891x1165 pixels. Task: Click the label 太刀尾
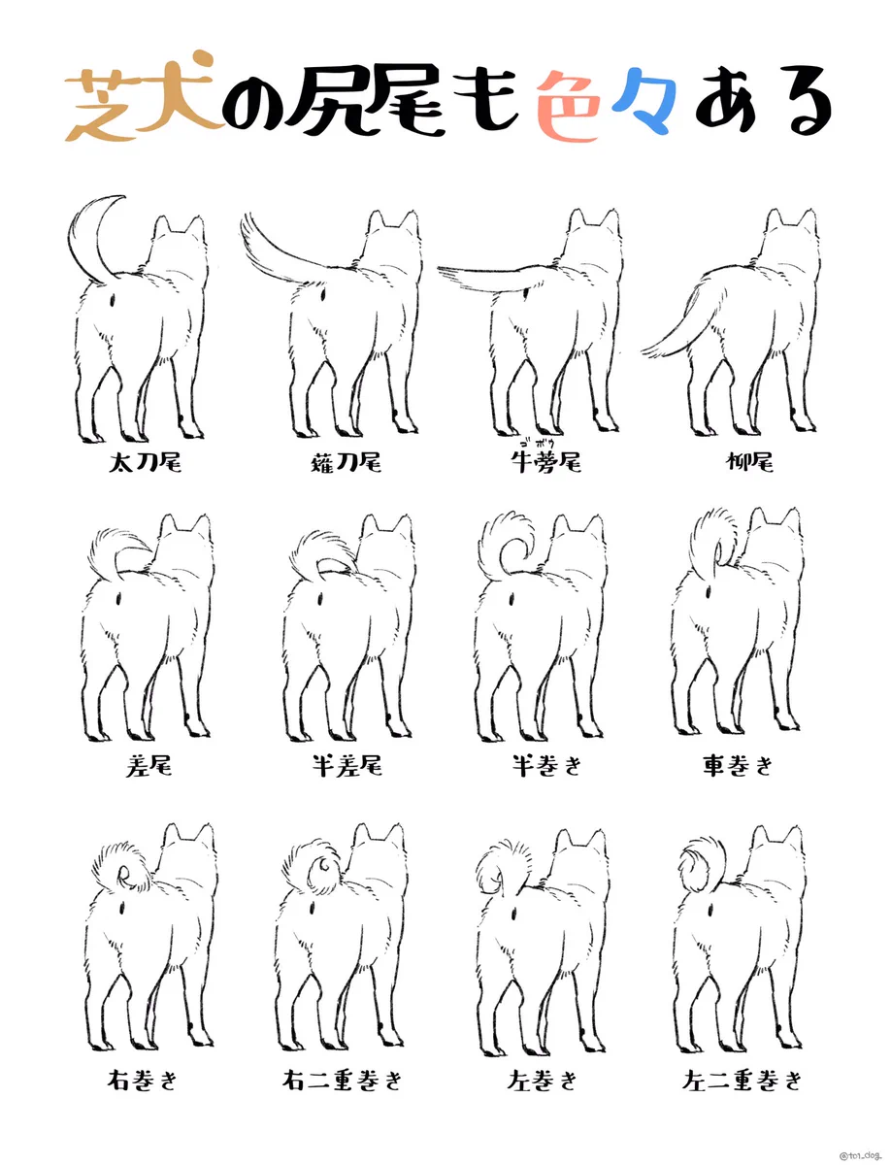click(x=145, y=463)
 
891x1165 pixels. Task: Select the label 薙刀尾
click(x=346, y=463)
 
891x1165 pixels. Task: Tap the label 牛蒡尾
click(x=546, y=463)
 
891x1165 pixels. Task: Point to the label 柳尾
click(x=749, y=463)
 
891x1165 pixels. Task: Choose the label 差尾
click(x=149, y=765)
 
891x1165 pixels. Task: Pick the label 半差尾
click(x=346, y=765)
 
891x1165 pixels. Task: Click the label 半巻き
click(x=546, y=765)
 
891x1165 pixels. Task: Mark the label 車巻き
click(x=738, y=765)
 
